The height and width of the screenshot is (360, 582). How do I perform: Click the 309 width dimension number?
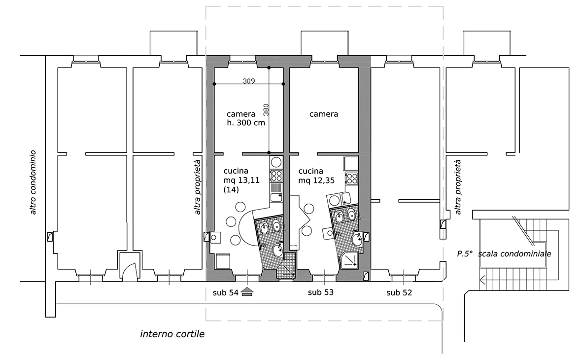tap(249, 80)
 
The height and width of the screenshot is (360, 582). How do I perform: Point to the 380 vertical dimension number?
tap(266, 110)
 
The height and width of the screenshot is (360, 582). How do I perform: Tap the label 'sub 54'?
tap(225, 293)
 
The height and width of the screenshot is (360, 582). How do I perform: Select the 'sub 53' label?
tap(321, 292)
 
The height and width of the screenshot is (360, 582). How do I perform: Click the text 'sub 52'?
tap(399, 293)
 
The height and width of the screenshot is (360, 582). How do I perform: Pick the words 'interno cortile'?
tap(172, 334)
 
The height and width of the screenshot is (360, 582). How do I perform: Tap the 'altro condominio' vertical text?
tap(33, 182)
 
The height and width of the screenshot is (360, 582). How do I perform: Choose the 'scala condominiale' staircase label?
tap(514, 254)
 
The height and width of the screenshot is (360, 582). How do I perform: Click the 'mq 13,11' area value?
tap(241, 180)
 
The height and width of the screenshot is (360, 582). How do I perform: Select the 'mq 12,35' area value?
tap(316, 180)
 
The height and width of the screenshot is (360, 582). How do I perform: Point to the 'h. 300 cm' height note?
tap(246, 123)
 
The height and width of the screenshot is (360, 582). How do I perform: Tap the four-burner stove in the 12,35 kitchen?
tap(351, 179)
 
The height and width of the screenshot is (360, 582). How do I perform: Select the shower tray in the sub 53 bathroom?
tap(350, 259)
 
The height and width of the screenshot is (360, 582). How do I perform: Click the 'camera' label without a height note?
tap(324, 114)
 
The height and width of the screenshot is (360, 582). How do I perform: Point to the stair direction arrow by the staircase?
tap(482, 280)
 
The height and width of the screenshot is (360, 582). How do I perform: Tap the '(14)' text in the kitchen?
tap(231, 189)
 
